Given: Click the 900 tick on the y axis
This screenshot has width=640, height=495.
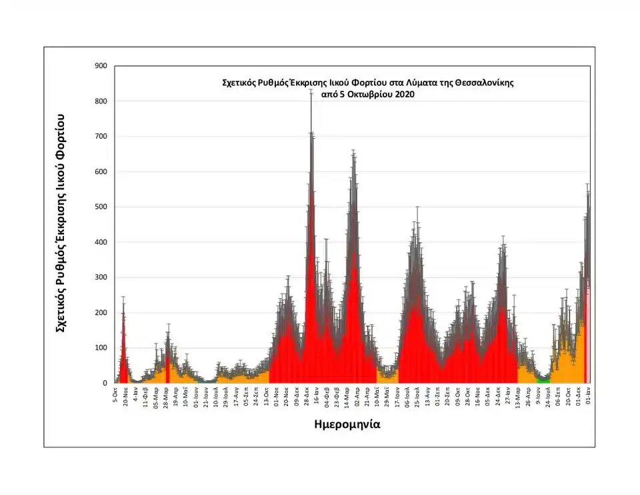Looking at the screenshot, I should (x=101, y=66).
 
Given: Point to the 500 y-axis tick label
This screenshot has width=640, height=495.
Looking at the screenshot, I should (x=101, y=207).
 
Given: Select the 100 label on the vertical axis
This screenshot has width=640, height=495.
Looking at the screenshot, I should (x=101, y=348).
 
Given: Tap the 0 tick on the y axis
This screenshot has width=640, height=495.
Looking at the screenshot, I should (x=105, y=383).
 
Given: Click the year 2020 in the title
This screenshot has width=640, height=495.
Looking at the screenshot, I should (x=404, y=95).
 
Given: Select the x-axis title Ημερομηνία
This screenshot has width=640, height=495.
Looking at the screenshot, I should (x=347, y=424).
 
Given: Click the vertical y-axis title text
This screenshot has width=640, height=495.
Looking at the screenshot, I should (x=60, y=223).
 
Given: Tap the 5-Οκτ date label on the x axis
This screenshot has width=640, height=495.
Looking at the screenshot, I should (x=115, y=394).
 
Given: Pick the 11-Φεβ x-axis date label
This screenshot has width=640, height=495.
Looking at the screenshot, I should (x=145, y=396).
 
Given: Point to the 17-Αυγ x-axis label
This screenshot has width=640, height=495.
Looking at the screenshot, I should (x=236, y=396).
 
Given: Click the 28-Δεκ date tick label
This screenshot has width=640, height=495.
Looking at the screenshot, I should (x=306, y=396).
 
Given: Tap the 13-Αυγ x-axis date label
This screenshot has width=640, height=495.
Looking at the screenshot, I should (x=427, y=396).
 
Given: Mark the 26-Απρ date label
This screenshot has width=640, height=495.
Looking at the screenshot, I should (x=527, y=396).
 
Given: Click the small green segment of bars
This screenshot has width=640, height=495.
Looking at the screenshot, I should (x=543, y=380).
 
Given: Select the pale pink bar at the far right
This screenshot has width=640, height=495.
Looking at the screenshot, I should (x=588, y=334).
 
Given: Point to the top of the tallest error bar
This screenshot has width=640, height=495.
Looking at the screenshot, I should (x=311, y=90).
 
